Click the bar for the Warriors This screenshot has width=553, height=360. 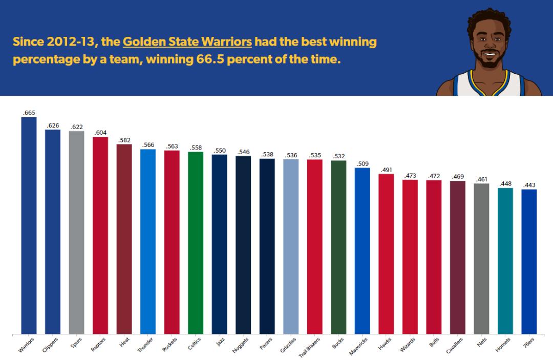point(29,225)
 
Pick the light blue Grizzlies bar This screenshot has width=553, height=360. point(291,246)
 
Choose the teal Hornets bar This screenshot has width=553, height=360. point(505,261)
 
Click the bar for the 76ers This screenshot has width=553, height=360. point(529,261)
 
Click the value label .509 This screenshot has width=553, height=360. point(362,164)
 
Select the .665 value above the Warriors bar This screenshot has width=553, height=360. point(29,113)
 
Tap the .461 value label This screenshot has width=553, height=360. point(481,179)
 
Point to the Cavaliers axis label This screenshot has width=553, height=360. point(454,345)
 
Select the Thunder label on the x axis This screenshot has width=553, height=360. point(145,344)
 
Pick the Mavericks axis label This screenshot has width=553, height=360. point(359,345)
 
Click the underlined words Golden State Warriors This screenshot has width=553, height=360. point(187,41)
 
